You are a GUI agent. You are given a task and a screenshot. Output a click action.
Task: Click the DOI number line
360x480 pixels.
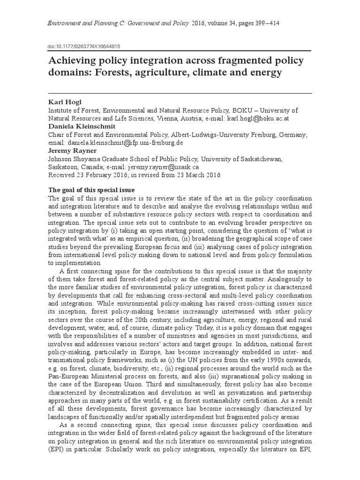84,46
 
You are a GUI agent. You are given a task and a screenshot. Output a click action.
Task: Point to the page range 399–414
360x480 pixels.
254,23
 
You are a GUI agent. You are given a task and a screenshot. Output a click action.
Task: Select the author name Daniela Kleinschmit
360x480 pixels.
81,127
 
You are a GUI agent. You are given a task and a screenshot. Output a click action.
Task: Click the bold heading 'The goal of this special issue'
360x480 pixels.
91,190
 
